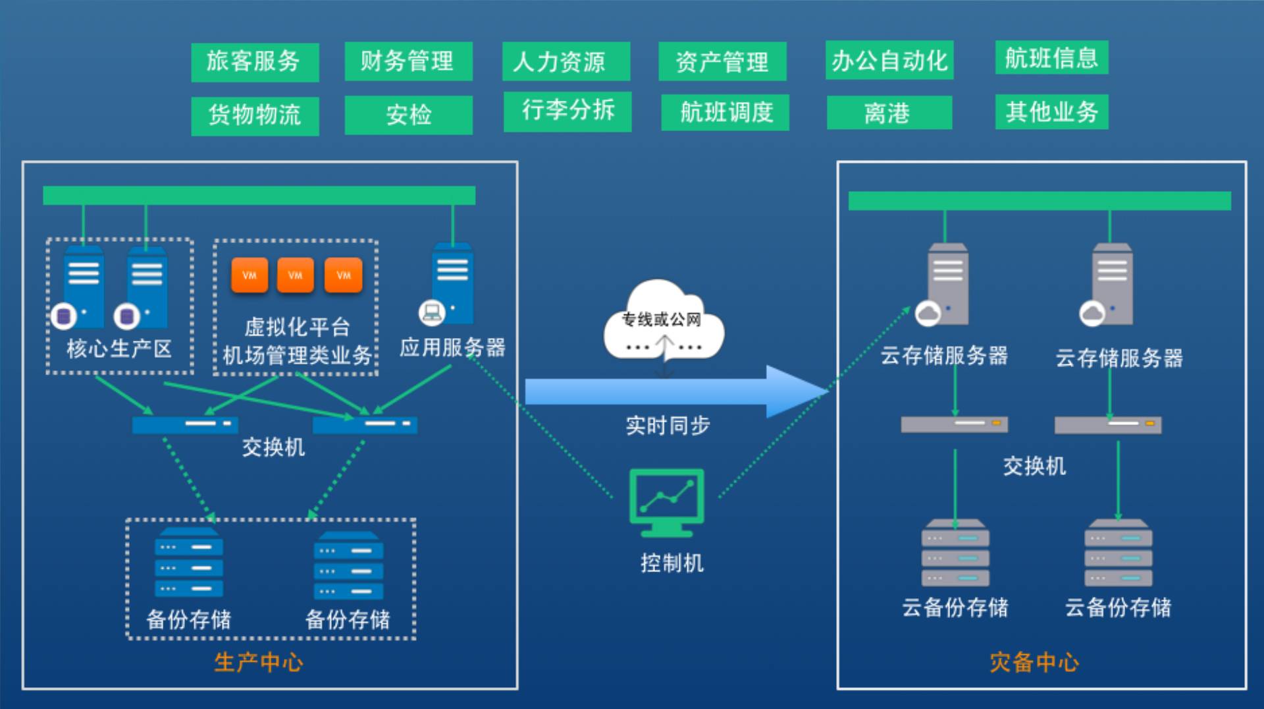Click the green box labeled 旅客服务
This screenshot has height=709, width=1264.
coord(255,62)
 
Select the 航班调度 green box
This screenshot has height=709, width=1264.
coord(725,113)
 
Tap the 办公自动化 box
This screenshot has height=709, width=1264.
coord(889,61)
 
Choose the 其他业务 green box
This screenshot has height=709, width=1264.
coord(1051,112)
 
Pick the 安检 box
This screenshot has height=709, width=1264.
coord(408,115)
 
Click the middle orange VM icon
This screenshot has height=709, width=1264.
coord(296,275)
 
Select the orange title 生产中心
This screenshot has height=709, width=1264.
coord(259,662)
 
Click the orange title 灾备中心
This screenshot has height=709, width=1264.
coord(1034,662)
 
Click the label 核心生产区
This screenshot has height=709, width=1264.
coord(119,349)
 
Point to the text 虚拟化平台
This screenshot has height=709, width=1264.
coord(297,327)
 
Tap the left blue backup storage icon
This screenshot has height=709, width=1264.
coord(189,561)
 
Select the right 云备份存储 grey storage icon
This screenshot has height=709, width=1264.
coord(1118,553)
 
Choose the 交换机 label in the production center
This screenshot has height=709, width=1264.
coord(273,447)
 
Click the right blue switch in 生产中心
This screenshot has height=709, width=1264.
coord(365,424)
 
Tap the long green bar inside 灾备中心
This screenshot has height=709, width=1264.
coord(1039,201)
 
